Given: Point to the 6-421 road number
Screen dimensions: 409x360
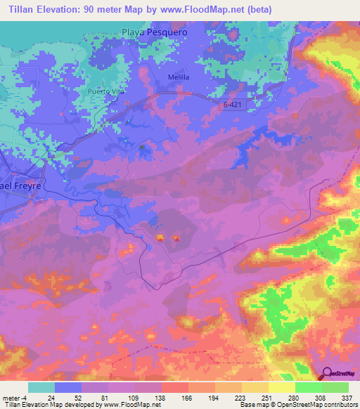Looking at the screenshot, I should pos(227,103).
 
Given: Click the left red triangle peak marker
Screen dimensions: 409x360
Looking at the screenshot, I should pos(160,238).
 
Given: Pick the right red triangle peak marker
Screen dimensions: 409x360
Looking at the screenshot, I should pos(176,238).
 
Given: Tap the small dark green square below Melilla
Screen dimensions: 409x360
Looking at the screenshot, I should pos(143,148).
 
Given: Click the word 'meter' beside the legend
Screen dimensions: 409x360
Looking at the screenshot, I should pos(11,398).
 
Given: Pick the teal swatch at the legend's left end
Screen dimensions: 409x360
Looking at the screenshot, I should pos(41,387).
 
